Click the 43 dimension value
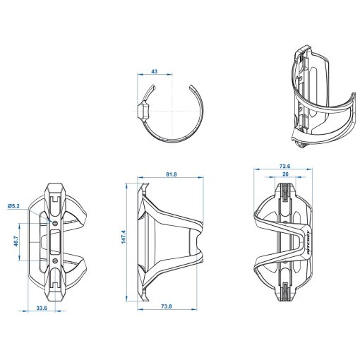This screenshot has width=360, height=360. (x=155, y=71)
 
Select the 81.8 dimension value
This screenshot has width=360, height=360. (x=172, y=174)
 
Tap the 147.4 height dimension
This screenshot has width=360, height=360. (x=124, y=236)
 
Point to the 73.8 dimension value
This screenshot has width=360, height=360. (x=167, y=306)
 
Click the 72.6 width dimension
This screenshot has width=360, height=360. (x=284, y=166)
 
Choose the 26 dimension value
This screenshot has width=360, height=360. (x=285, y=174)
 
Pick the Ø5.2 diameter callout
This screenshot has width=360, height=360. (x=13, y=206)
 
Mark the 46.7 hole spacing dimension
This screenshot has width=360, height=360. (x=16, y=241)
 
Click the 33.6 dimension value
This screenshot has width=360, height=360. (x=42, y=308)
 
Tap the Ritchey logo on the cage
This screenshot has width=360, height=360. (x=308, y=242)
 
